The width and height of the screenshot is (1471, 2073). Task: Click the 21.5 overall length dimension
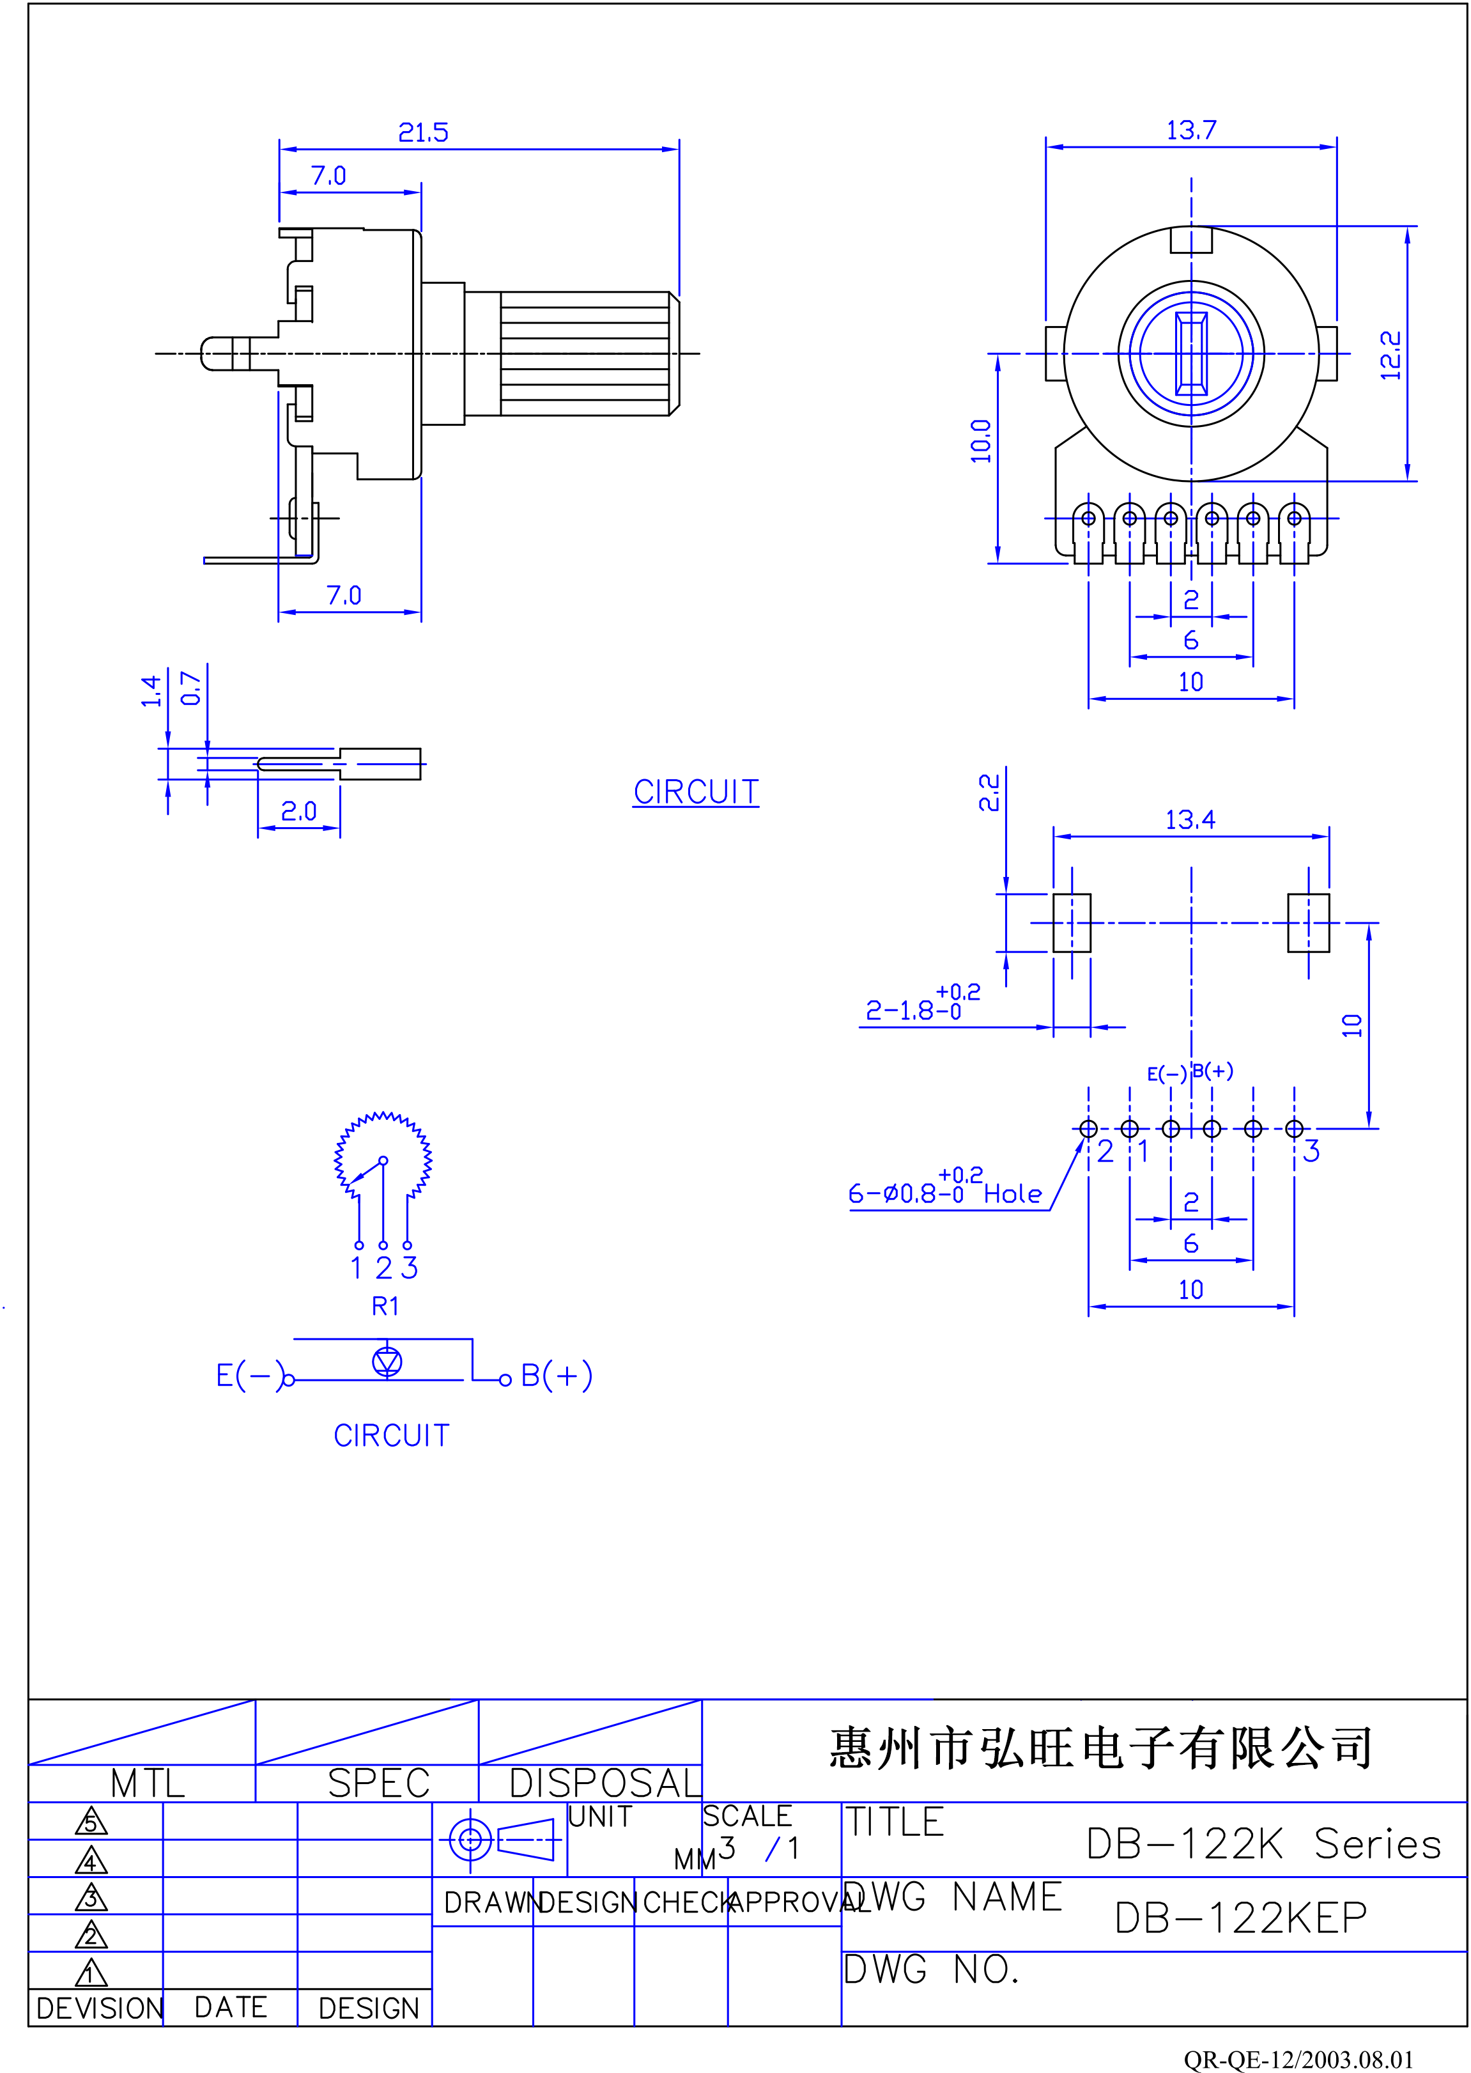(423, 133)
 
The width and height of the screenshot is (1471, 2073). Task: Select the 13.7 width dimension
(1191, 130)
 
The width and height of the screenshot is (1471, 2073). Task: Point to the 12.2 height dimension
(1390, 355)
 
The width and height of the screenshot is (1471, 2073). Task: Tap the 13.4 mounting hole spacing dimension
(1190, 820)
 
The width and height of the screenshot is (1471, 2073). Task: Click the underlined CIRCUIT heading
(696, 792)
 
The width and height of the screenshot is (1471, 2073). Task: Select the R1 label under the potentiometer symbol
(385, 1305)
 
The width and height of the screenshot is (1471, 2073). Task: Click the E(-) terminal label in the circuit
(250, 1376)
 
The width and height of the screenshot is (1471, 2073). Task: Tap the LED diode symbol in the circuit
(388, 1361)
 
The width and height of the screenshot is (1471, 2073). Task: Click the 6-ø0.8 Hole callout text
(944, 1188)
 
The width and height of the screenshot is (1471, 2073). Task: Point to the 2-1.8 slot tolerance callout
(923, 1003)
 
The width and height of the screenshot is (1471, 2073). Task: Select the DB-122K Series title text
(1263, 1844)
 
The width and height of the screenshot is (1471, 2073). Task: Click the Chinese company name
(1102, 1748)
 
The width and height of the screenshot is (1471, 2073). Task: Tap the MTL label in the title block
(148, 1783)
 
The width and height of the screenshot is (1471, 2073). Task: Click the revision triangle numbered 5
(91, 1821)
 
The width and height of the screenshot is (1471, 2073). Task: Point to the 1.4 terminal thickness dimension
(151, 690)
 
